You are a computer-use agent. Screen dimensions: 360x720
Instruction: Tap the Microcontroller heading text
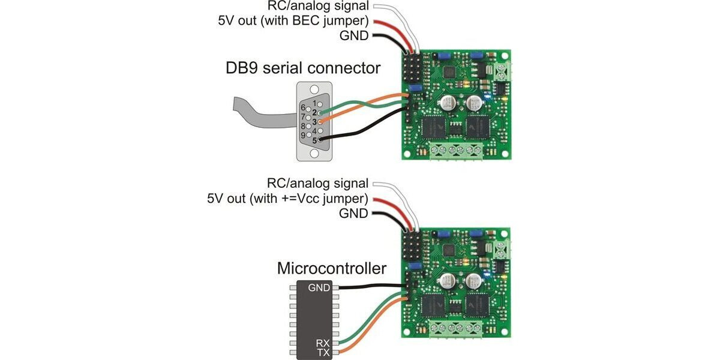(x=332, y=268)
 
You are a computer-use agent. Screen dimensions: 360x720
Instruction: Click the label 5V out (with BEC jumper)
(x=295, y=22)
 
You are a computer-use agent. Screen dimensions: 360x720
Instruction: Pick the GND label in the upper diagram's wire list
(x=353, y=36)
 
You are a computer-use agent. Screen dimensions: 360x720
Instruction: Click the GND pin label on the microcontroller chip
(x=319, y=288)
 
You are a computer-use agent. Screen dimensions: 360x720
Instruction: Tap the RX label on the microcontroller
(x=323, y=343)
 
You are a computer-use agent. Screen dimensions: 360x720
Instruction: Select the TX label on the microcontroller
(x=323, y=352)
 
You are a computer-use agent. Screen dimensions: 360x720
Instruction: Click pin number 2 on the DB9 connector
(x=314, y=112)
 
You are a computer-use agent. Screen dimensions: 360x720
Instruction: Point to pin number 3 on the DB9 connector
(x=314, y=121)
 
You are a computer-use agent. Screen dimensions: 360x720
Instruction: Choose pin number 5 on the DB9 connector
(x=314, y=140)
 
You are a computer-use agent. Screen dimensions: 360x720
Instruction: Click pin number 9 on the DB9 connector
(x=304, y=135)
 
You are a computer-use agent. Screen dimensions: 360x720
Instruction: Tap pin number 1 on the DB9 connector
(x=314, y=103)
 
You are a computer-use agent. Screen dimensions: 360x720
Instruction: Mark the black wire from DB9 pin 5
(x=360, y=132)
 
